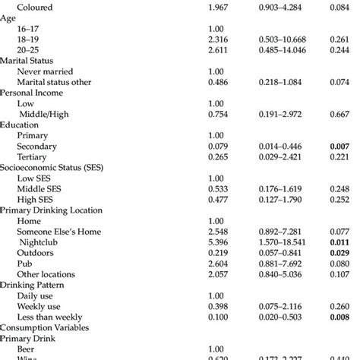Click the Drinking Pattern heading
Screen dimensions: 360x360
point(33,283)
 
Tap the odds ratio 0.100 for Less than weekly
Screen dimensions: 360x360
point(219,315)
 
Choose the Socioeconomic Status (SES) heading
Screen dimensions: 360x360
point(52,166)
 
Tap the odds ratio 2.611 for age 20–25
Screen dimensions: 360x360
point(219,49)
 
